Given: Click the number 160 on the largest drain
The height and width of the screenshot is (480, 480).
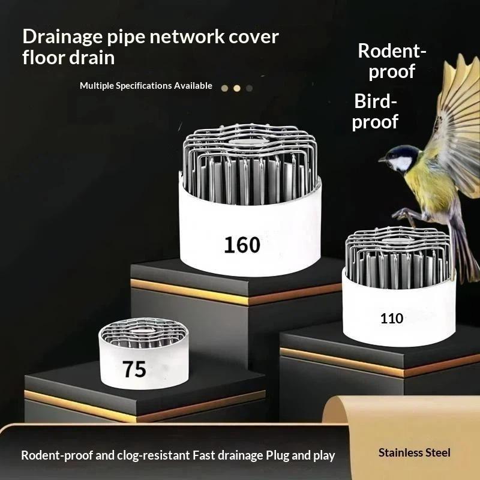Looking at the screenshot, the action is [242, 245].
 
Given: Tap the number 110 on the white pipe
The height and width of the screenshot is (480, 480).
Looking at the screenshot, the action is [392, 319].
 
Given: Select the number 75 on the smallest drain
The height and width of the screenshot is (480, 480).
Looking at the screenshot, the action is [134, 369].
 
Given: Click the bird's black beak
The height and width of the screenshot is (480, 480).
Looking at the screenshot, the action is [382, 159].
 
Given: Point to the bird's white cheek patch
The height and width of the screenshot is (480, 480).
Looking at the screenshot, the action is [401, 163].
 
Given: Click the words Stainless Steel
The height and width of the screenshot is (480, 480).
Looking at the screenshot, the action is [414, 452].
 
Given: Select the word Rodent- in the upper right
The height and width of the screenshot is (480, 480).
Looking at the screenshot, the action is [392, 51].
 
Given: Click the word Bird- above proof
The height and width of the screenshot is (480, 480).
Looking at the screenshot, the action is [376, 101].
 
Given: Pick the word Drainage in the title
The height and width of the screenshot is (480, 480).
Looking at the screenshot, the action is [62, 37].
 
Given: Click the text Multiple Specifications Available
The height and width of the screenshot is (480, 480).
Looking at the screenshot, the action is [146, 86].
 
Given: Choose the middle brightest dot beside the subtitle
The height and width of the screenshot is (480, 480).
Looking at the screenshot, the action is [237, 88].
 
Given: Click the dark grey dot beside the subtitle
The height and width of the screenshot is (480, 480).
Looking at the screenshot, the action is [250, 88].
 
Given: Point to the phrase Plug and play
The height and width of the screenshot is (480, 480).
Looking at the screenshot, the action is [300, 455].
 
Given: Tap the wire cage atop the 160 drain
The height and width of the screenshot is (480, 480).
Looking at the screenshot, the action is [250, 162].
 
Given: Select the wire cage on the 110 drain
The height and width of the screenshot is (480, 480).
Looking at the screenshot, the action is [398, 257].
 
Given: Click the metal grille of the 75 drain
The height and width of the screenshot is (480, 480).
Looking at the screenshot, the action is [143, 333].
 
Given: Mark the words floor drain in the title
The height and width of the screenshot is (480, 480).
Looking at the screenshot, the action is [68, 58].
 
